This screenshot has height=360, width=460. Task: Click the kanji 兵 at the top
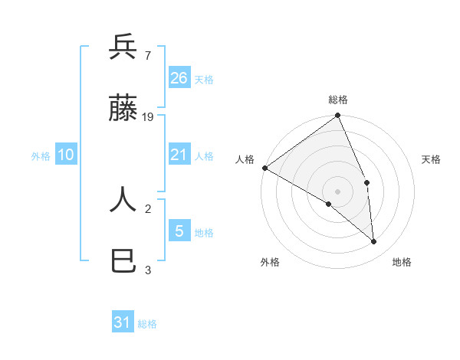click(123, 47)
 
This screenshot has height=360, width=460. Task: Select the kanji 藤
click(123, 110)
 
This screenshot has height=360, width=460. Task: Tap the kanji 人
click(123, 201)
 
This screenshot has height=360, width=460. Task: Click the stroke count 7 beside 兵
click(147, 55)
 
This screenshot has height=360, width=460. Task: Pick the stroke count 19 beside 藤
click(148, 117)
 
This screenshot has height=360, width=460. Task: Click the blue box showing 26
click(179, 77)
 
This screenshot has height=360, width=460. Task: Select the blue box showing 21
click(179, 155)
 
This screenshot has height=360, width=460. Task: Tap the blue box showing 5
click(179, 231)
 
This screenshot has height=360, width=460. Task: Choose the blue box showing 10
click(66, 155)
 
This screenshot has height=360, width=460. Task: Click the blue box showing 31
click(123, 322)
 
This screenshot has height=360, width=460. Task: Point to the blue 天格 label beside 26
click(204, 79)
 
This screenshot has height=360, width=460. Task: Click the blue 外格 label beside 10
click(41, 155)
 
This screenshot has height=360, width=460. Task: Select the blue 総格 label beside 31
click(147, 324)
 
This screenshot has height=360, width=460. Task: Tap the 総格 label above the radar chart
click(338, 100)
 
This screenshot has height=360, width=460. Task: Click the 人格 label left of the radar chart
click(245, 159)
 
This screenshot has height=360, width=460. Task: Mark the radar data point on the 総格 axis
click(338, 116)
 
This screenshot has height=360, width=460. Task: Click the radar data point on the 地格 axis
click(374, 241)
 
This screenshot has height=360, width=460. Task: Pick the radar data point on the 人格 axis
click(264, 168)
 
